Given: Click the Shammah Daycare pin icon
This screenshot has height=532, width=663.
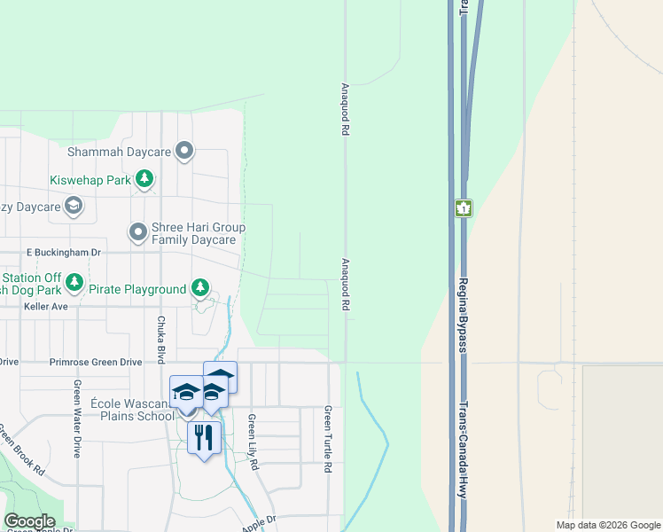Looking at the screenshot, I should (184, 152).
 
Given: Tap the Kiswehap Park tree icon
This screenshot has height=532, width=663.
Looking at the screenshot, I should (144, 180).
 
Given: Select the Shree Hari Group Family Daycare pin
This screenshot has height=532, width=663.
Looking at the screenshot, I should (138, 233).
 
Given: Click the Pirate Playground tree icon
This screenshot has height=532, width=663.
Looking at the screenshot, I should (201, 288).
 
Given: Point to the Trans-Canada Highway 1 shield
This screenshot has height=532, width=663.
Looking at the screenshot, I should (464, 208).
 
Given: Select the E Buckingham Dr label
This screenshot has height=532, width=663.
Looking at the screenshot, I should (66, 252).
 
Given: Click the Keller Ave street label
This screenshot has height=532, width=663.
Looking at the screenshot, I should (47, 307).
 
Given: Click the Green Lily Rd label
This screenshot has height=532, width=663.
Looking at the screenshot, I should (253, 442).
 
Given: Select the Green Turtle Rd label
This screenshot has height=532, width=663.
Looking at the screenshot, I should (328, 438).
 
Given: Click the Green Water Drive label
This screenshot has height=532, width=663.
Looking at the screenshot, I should (78, 418).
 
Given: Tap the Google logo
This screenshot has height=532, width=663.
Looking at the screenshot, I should (29, 521).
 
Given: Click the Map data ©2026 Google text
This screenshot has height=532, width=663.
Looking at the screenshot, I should (608, 525).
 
